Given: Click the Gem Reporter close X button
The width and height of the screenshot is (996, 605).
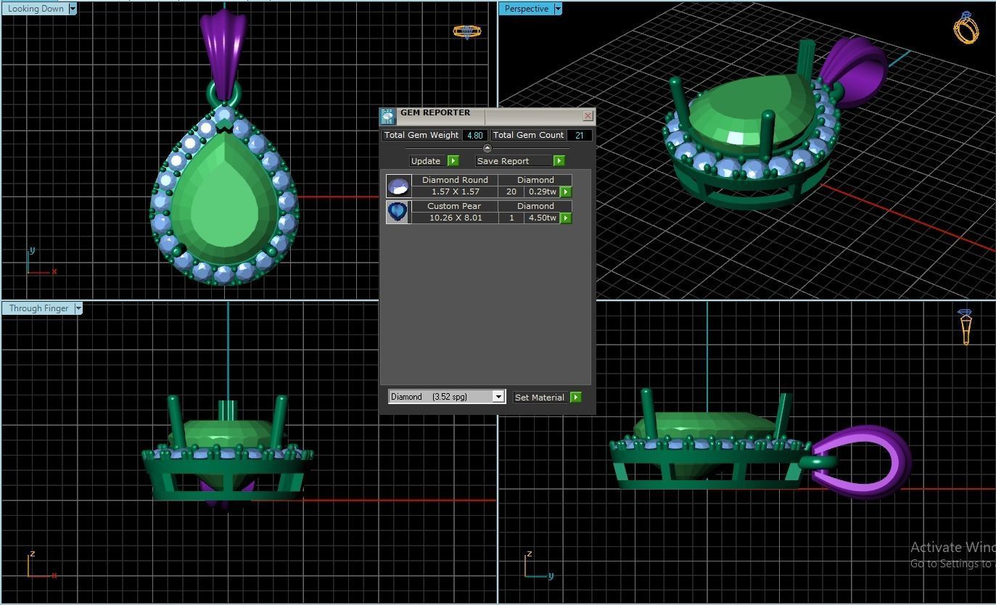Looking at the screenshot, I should click(x=588, y=115).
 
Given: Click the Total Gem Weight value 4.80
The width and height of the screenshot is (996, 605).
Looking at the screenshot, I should click(x=474, y=135).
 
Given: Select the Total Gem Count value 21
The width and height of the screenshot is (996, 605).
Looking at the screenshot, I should click(x=579, y=135).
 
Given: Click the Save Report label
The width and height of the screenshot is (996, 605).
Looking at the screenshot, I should click(x=503, y=161).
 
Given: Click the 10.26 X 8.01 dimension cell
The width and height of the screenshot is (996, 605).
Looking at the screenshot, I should click(x=455, y=218).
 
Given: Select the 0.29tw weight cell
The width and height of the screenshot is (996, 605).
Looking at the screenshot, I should click(x=541, y=192).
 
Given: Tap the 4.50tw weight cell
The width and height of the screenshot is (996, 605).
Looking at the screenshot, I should click(x=541, y=218).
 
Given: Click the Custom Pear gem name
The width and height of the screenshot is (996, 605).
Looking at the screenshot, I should click(x=454, y=206).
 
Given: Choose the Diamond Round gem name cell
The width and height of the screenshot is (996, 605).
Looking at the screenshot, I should click(x=455, y=180).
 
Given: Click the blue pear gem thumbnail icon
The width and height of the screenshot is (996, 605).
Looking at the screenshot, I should click(x=398, y=212).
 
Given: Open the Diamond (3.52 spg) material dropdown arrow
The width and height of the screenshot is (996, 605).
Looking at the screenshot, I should click(x=498, y=397).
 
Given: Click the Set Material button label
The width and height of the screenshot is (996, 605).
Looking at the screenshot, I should click(x=539, y=398).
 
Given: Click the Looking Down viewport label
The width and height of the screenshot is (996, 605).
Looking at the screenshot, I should click(x=35, y=9).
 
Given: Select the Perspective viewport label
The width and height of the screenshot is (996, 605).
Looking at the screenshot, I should click(x=526, y=9).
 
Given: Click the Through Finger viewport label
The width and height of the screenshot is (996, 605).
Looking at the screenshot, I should click(x=38, y=308).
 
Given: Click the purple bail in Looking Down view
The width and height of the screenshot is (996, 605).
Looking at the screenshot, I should click(x=223, y=47).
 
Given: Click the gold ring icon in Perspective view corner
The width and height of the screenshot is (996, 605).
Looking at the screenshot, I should click(x=966, y=29).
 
